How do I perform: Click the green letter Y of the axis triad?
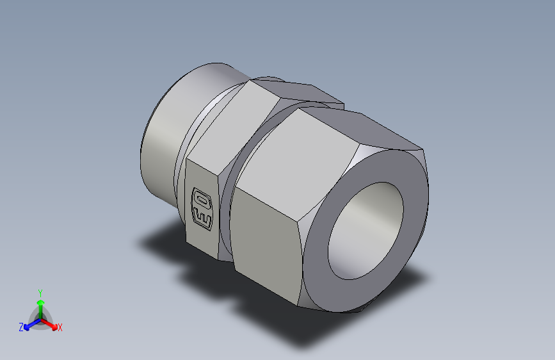tap(40, 293)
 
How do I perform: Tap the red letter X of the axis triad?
tap(60, 327)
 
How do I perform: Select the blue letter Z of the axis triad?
tap(21, 327)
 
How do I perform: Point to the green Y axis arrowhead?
tap(41, 303)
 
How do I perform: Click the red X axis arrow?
tap(49, 324)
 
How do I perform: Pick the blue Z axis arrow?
tap(32, 324)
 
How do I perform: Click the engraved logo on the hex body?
tap(202, 209)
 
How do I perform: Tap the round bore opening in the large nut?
tap(366, 231)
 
